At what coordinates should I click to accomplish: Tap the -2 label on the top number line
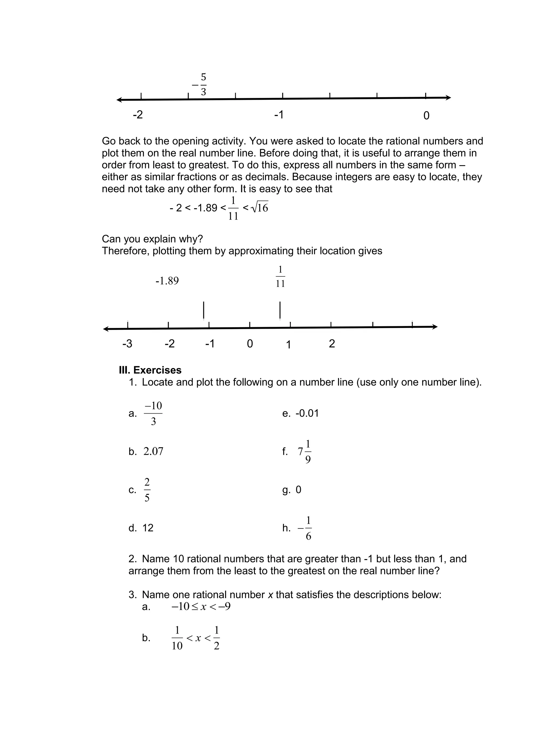[138, 115]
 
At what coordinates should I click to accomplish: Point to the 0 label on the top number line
[426, 116]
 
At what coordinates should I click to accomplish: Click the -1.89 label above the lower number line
[167, 281]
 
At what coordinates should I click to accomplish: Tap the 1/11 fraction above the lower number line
[280, 276]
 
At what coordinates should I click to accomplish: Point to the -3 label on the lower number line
[127, 343]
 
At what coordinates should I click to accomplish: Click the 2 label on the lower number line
[332, 343]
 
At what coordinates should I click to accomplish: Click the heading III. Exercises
[150, 370]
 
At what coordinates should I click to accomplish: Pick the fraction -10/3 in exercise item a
[153, 414]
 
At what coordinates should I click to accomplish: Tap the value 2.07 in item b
[153, 451]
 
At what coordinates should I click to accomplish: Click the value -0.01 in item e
[307, 413]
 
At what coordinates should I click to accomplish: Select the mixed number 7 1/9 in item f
[305, 452]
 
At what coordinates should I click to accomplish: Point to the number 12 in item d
[148, 528]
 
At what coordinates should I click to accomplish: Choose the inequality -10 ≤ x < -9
[201, 606]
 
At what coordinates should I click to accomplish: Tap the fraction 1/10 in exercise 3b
[177, 638]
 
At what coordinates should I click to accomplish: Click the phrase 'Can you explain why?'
[152, 239]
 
